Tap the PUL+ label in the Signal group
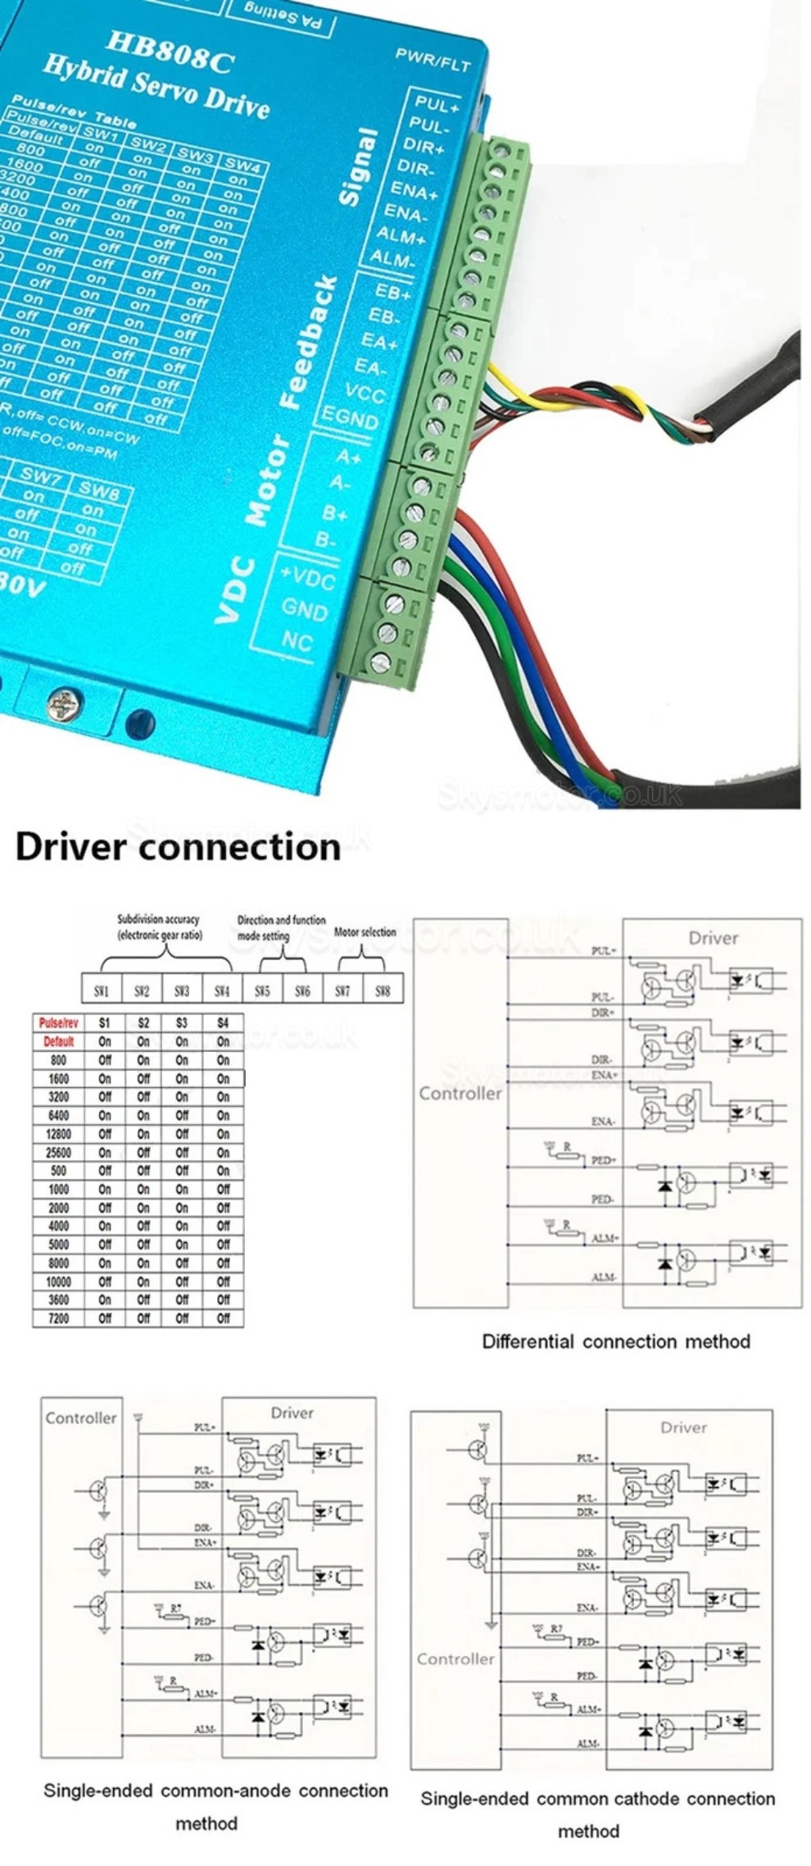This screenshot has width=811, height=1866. [x=436, y=105]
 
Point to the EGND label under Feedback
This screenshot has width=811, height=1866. [x=348, y=417]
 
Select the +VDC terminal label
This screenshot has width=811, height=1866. [x=307, y=578]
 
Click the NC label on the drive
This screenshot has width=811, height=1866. [x=297, y=640]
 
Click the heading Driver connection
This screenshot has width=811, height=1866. [x=178, y=846]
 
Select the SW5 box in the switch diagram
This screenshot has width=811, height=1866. [x=262, y=990]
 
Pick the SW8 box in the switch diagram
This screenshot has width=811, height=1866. [x=383, y=990]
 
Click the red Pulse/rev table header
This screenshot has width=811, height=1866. [x=58, y=1023]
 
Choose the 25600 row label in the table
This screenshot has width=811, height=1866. [x=58, y=1153]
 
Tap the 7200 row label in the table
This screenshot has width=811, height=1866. [x=58, y=1318]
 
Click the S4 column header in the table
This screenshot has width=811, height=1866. [x=223, y=1023]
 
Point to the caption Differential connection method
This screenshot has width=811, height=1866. [x=615, y=1342]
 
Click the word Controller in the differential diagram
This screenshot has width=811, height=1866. [x=460, y=1093]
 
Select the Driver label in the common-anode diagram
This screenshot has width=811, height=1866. [x=292, y=1413]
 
